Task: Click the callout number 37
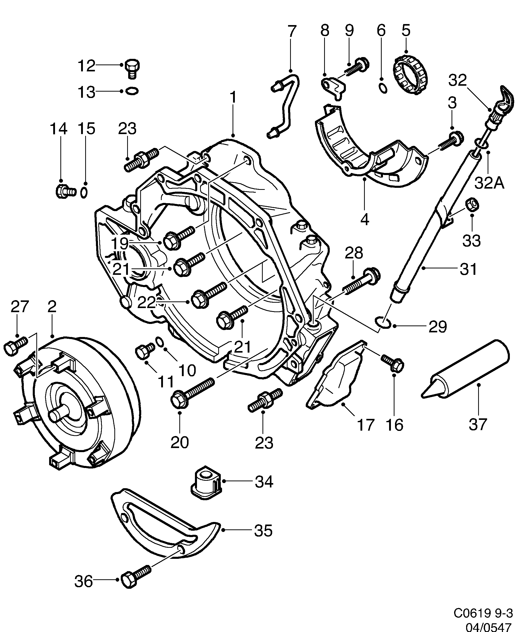(478, 424)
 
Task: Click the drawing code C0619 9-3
(483, 613)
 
